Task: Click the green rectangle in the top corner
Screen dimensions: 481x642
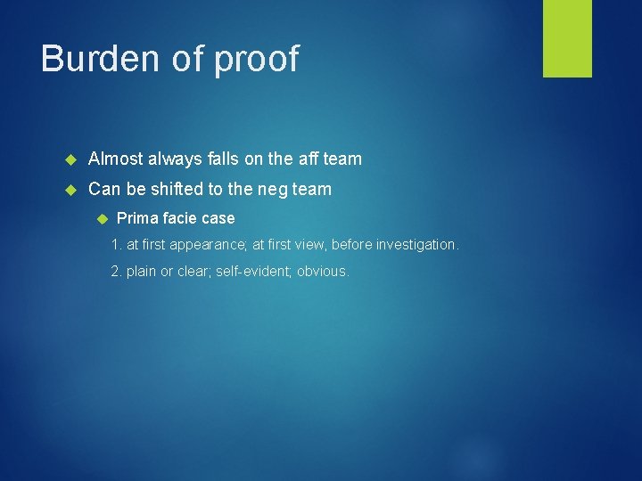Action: (x=567, y=38)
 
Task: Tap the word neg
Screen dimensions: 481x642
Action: (x=268, y=190)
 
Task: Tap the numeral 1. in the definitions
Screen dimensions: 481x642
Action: (x=116, y=245)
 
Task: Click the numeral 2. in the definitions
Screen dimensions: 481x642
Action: (x=116, y=272)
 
